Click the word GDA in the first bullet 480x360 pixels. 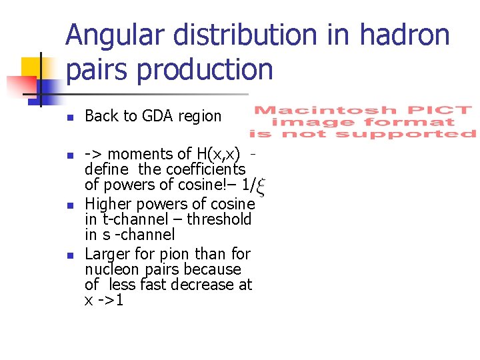coord(159,116)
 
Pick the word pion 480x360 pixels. coord(177,254)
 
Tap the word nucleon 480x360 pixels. coord(112,269)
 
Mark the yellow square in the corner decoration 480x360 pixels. coord(31,67)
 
